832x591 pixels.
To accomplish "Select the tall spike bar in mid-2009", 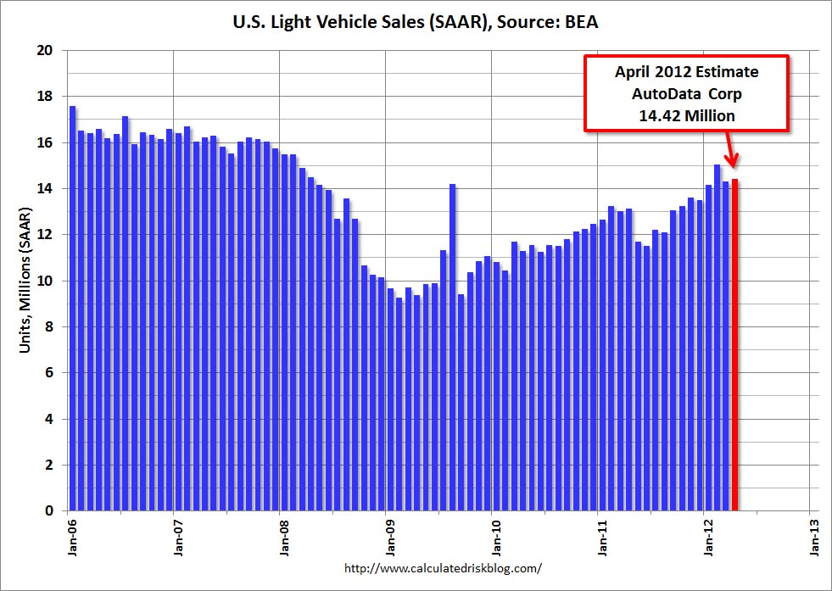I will (453, 348).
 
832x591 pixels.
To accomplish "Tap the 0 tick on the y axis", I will (51, 511).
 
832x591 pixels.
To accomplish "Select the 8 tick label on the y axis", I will (51, 327).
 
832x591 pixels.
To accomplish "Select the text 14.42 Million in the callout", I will (687, 115).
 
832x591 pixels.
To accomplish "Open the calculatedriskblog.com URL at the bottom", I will (444, 568).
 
